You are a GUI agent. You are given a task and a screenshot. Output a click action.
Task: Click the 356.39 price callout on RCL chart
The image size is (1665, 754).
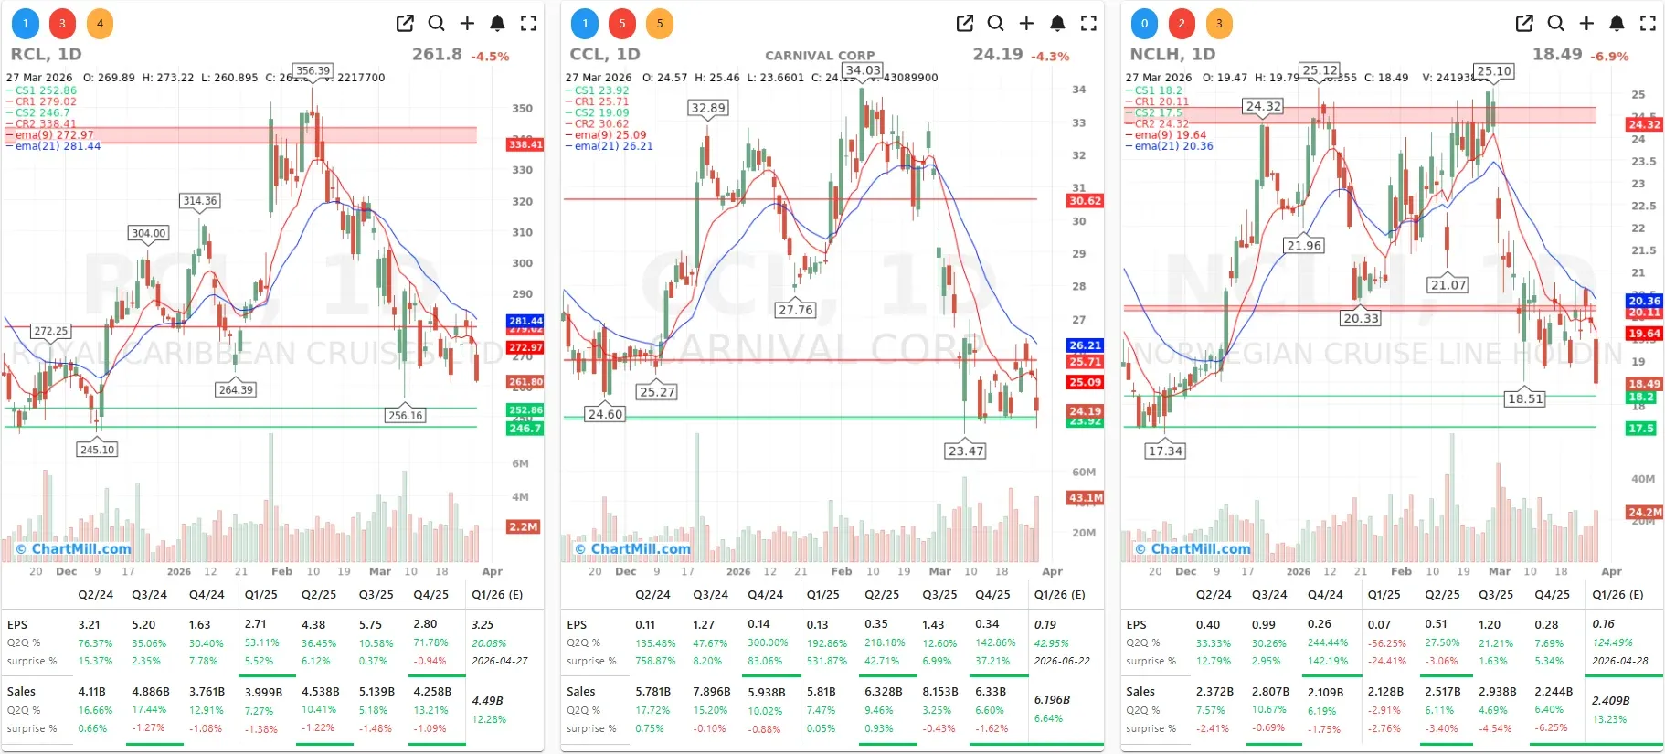click(313, 70)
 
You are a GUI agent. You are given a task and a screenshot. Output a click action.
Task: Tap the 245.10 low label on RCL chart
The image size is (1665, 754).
click(97, 450)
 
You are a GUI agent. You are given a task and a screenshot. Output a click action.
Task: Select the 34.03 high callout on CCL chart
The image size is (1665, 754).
click(863, 70)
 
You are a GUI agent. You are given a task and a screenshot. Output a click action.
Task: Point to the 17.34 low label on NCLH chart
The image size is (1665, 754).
click(1165, 451)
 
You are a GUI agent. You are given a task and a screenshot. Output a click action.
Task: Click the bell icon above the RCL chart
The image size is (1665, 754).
click(497, 24)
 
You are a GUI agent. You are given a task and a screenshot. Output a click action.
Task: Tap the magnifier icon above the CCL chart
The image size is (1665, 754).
click(995, 24)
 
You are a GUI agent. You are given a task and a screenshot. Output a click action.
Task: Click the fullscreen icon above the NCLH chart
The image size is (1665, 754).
click(1648, 24)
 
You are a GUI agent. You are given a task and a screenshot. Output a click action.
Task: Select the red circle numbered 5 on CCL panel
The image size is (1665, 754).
click(622, 24)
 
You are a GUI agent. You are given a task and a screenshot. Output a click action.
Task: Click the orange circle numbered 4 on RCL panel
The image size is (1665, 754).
click(100, 24)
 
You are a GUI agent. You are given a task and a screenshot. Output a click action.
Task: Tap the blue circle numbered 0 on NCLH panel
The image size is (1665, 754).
click(1144, 24)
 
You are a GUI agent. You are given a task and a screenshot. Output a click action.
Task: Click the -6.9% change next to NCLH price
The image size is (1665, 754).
click(1609, 57)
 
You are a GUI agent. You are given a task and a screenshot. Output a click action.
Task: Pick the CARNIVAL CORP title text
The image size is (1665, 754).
click(820, 56)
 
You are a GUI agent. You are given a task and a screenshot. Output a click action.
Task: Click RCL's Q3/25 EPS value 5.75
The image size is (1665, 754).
click(370, 624)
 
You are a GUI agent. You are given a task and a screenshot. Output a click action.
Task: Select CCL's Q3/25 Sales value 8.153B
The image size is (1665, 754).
click(939, 692)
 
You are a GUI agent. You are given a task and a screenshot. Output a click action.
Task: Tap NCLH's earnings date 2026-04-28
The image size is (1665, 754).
click(1619, 661)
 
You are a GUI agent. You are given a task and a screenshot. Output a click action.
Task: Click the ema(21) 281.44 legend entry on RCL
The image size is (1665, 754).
click(58, 146)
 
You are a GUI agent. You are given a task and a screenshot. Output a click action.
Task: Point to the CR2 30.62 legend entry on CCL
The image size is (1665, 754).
click(601, 123)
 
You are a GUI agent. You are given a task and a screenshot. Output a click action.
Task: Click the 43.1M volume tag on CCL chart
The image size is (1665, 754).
click(1085, 498)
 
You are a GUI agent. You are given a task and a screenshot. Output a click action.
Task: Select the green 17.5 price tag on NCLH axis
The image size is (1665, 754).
click(1641, 429)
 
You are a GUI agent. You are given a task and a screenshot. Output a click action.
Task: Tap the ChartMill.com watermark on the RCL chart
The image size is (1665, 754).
click(74, 549)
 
